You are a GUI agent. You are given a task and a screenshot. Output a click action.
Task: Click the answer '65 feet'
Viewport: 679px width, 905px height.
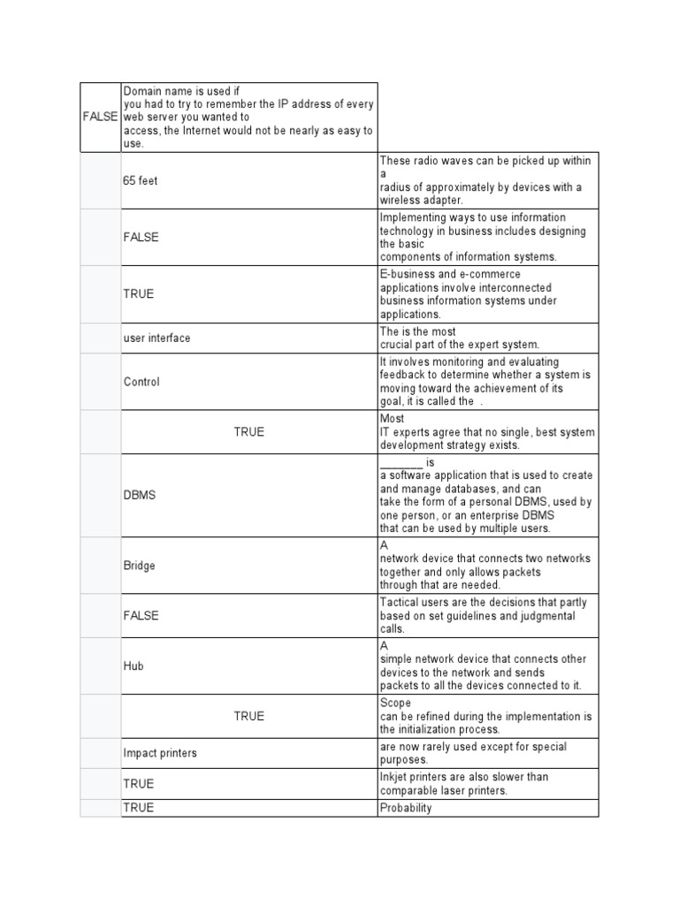click(x=141, y=181)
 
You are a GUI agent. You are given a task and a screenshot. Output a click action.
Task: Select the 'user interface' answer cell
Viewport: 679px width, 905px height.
click(x=156, y=338)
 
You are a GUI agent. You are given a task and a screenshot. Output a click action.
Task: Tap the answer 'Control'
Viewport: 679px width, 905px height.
click(x=141, y=382)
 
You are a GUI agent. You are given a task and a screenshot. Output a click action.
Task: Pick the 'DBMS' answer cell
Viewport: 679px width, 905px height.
click(x=140, y=495)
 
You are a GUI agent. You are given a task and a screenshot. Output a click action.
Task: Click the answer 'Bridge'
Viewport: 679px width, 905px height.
click(x=140, y=566)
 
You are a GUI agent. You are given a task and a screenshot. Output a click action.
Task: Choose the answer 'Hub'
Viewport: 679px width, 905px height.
click(x=134, y=666)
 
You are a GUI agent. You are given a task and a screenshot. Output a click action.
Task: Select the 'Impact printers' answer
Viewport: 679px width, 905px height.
click(x=160, y=753)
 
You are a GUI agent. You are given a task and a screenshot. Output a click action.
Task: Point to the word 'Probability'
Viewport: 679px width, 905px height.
click(x=406, y=808)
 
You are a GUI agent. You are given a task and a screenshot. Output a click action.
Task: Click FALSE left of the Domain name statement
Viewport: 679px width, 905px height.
click(x=100, y=117)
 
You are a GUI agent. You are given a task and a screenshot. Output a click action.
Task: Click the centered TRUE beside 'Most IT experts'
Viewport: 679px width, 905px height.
click(x=248, y=432)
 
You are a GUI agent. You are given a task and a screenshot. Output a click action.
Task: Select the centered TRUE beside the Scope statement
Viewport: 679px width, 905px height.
click(x=248, y=716)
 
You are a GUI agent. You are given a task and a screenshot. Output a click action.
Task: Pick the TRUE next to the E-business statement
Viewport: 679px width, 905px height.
click(x=139, y=294)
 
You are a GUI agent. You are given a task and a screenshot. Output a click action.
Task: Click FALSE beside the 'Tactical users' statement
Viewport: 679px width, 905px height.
click(x=141, y=616)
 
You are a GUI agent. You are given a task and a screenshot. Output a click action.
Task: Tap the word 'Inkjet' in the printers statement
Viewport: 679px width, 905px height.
click(x=394, y=777)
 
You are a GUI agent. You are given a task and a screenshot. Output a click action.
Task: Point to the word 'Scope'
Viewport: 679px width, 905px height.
click(x=395, y=703)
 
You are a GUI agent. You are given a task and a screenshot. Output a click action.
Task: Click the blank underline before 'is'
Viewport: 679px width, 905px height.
click(x=401, y=463)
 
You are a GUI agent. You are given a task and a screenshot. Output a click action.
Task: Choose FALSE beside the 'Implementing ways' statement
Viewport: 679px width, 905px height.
click(x=141, y=238)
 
